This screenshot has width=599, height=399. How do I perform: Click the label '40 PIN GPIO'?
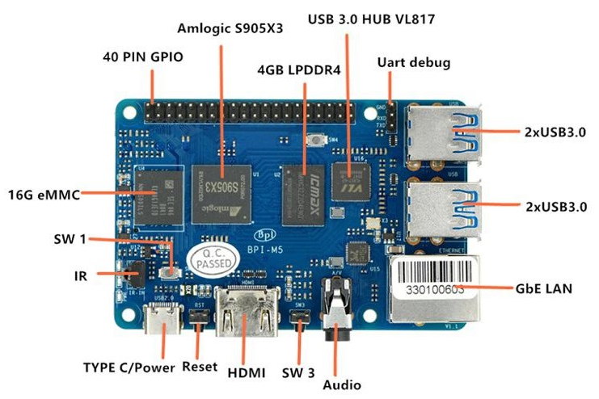[143, 58]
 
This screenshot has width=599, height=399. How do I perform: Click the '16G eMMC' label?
[41, 195]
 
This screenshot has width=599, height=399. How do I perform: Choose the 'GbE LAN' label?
[543, 287]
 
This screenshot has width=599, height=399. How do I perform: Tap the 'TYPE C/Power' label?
[129, 367]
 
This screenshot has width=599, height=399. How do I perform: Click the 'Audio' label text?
[342, 385]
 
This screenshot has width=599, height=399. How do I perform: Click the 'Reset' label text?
[200, 367]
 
